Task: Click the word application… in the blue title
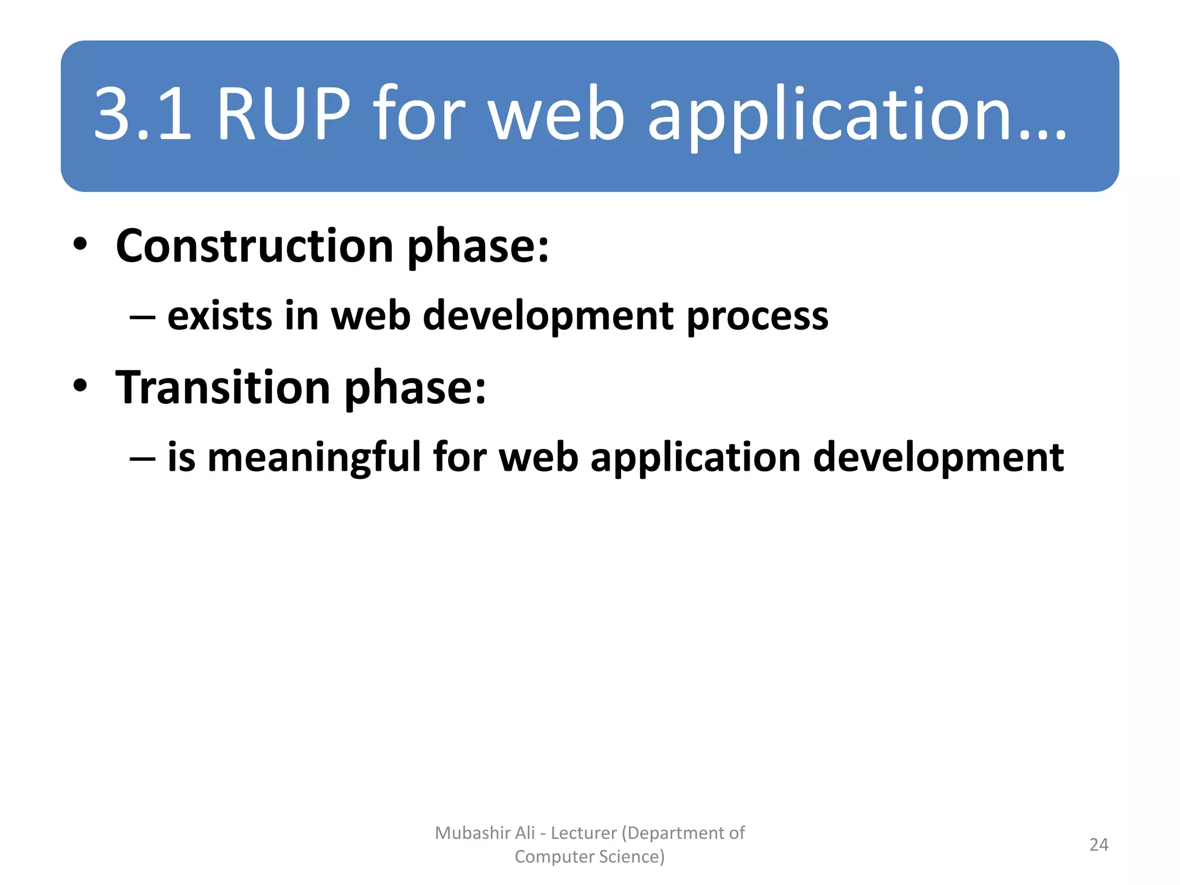pyautogui.click(x=857, y=115)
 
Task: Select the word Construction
pyautogui.click(x=254, y=246)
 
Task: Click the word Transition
pyautogui.click(x=223, y=387)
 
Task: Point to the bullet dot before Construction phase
pyautogui.click(x=80, y=244)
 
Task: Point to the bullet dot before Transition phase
pyautogui.click(x=80, y=385)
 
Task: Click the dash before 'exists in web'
pyautogui.click(x=142, y=317)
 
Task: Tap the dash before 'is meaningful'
pyautogui.click(x=142, y=459)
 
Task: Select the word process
pyautogui.click(x=757, y=317)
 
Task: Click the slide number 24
pyautogui.click(x=1099, y=845)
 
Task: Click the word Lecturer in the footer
pyautogui.click(x=584, y=833)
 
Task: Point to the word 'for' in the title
pyautogui.click(x=419, y=114)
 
